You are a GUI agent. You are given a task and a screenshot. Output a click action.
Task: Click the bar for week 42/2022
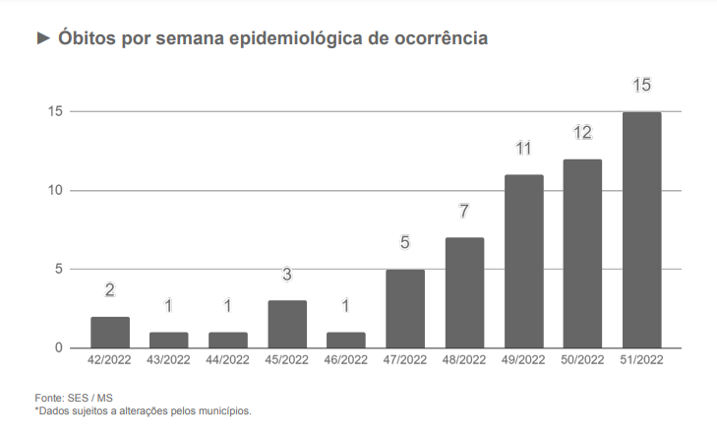pos(110,333)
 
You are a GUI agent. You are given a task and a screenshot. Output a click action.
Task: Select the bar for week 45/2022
pos(287,324)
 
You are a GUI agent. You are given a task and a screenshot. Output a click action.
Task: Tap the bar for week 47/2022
pos(405,308)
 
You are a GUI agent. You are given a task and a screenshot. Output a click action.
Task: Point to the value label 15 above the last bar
pos(641,86)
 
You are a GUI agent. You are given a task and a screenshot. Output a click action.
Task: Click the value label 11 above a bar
pos(523,149)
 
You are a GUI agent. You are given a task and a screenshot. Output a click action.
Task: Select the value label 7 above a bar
pos(464,212)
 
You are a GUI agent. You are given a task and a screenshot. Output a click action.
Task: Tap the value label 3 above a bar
pos(287,275)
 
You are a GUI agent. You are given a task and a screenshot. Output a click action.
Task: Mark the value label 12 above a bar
pos(582,133)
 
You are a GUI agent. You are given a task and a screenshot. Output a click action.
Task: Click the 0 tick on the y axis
pos(59,348)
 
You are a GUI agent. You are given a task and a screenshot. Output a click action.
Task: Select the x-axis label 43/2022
pos(169,361)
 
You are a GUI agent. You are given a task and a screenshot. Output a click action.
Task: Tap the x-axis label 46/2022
pos(346,361)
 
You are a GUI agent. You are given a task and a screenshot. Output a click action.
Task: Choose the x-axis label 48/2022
pos(464,361)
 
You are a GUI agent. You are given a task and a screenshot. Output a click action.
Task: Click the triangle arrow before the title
pos(42,38)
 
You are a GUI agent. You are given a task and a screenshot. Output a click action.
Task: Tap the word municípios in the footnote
pos(226,410)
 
